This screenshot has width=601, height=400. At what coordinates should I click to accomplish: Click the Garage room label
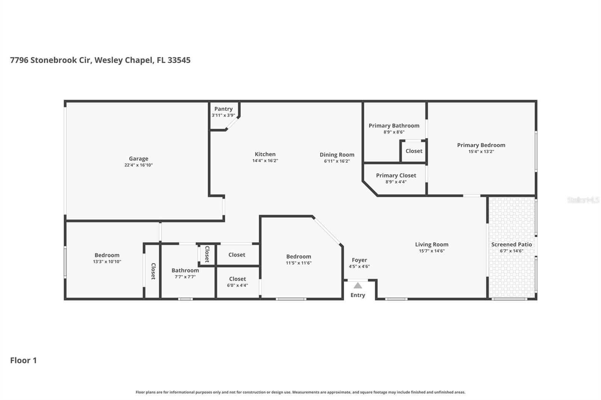[138, 159]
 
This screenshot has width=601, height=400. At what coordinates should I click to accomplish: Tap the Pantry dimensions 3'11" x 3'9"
[223, 116]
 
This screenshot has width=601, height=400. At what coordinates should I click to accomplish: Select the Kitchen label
[265, 154]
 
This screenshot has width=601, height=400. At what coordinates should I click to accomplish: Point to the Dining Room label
[337, 155]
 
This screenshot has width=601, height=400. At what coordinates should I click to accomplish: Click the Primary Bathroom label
[394, 126]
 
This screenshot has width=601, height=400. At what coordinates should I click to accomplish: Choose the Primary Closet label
[396, 175]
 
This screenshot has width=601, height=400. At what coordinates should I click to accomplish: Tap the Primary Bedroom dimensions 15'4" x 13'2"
[481, 152]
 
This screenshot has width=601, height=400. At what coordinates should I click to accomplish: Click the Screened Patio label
[511, 244]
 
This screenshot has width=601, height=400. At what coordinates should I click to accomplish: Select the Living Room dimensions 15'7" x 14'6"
[432, 251]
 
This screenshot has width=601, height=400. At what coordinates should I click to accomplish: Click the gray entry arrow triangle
[358, 286]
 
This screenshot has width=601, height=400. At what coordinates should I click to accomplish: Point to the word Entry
[358, 295]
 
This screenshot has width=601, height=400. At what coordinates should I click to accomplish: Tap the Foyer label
[359, 260]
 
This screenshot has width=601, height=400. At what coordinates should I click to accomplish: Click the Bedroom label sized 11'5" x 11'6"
[299, 257]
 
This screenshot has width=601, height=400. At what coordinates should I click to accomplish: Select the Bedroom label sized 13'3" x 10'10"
[107, 255]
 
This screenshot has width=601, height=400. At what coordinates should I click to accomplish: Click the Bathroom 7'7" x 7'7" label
[185, 270]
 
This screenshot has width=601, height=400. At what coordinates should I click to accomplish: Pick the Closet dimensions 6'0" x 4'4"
[237, 285]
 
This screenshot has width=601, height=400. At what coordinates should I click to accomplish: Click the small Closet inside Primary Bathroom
[414, 151]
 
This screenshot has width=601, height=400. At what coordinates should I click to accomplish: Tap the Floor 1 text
[23, 360]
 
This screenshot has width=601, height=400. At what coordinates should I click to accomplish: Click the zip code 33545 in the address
[179, 60]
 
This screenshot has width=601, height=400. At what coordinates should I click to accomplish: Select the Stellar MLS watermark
[583, 200]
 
